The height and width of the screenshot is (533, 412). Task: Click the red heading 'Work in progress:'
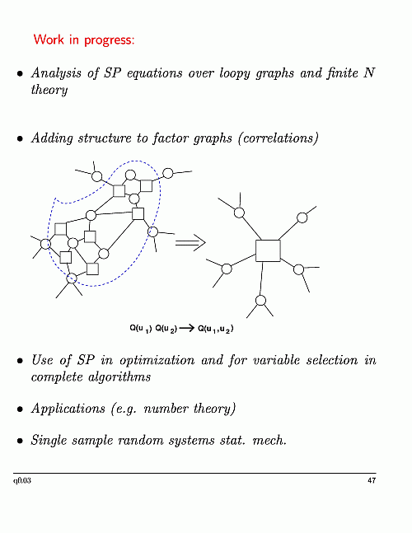(84, 40)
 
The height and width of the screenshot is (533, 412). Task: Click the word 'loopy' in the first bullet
(234, 74)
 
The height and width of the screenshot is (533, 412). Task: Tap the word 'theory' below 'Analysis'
(49, 91)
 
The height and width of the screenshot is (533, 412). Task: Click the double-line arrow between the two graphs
(190, 242)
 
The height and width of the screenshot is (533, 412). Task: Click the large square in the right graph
(268, 250)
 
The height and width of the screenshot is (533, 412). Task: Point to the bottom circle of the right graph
(260, 301)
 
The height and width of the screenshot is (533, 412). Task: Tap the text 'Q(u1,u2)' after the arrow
(216, 329)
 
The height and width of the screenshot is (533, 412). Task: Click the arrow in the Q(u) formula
(186, 328)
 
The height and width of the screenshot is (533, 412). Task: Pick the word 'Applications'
(68, 409)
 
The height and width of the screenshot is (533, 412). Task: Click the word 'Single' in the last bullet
(48, 441)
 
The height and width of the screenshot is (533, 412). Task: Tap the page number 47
(372, 480)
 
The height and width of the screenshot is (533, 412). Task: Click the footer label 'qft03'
(22, 480)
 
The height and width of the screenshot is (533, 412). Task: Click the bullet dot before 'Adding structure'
(21, 138)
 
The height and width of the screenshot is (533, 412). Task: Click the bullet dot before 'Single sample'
(21, 441)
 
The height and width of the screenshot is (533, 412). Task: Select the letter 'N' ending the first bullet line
(369, 72)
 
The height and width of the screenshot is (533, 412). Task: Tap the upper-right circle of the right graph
(302, 217)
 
